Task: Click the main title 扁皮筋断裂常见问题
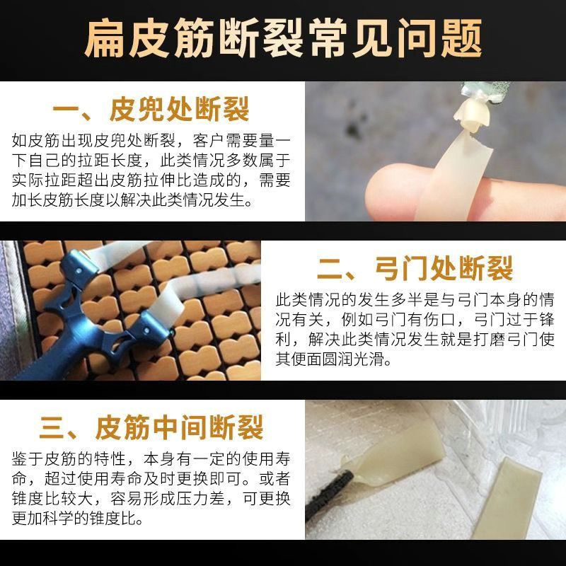[284, 38]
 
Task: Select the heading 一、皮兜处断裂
[151, 109]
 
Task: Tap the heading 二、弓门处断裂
[415, 268]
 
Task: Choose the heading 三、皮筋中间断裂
[151, 427]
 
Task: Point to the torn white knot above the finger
[471, 115]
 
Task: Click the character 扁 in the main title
[105, 38]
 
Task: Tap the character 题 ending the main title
[462, 38]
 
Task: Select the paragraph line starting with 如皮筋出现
[151, 140]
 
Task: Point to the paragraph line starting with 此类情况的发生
[415, 299]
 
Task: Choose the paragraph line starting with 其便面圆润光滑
[333, 359]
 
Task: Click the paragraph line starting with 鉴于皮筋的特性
[151, 458]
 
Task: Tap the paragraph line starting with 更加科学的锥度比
[77, 518]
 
